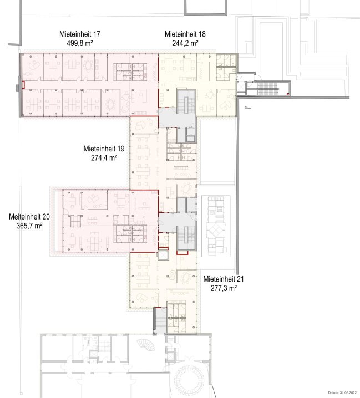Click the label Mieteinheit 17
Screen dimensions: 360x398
pos(80,34)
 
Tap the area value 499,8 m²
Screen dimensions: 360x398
pos(80,43)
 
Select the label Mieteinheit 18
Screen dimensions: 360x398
pos(185,34)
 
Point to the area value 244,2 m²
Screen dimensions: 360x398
pos(185,43)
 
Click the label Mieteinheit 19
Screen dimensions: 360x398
pos(104,149)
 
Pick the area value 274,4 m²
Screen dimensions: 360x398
pos(104,157)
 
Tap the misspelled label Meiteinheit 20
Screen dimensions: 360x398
pos(29,217)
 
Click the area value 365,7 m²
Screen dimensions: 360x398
pos(29,226)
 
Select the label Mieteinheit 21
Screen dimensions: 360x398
pos(224,279)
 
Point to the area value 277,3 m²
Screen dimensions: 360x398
pos(224,288)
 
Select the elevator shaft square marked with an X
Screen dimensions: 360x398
pos(163,254)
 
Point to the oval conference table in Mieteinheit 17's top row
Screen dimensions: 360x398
pos(88,65)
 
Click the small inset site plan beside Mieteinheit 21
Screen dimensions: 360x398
pos(216,226)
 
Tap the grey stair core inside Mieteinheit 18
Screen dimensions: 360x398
pos(186,101)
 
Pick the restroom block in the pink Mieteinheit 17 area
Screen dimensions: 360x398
pos(130,72)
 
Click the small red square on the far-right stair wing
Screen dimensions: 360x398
pos(287,94)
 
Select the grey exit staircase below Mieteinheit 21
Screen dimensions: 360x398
pos(160,321)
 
